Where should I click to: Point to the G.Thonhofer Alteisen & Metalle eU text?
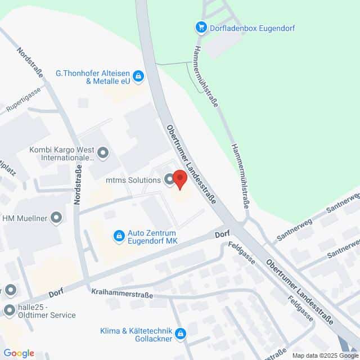[93, 77]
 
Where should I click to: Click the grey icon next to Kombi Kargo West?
[103, 151]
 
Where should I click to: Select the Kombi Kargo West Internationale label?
[61, 155]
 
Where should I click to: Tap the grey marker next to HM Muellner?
[56, 218]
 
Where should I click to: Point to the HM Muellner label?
[26, 218]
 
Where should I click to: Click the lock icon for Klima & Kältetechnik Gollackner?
[180, 335]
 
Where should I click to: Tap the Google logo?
[19, 353]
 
